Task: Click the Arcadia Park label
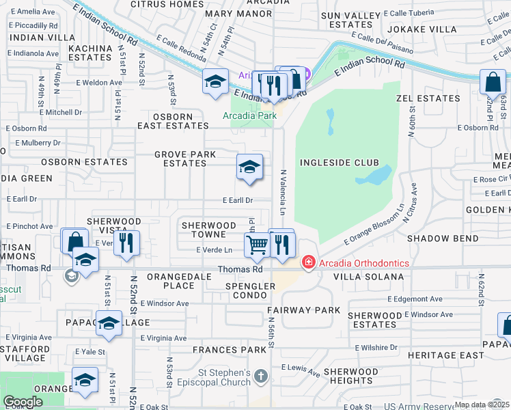[250, 115]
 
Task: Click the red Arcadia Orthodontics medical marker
[308, 263]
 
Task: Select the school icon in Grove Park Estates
[249, 167]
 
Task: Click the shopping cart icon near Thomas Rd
[258, 245]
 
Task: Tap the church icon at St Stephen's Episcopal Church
[260, 377]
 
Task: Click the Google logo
[23, 402]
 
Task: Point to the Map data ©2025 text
[482, 405]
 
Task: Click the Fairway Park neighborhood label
[303, 310]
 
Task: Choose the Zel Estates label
[428, 98]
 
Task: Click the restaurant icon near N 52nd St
[126, 243]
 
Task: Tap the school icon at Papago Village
[109, 323]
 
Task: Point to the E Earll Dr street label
[238, 200]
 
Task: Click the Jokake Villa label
[422, 29]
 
